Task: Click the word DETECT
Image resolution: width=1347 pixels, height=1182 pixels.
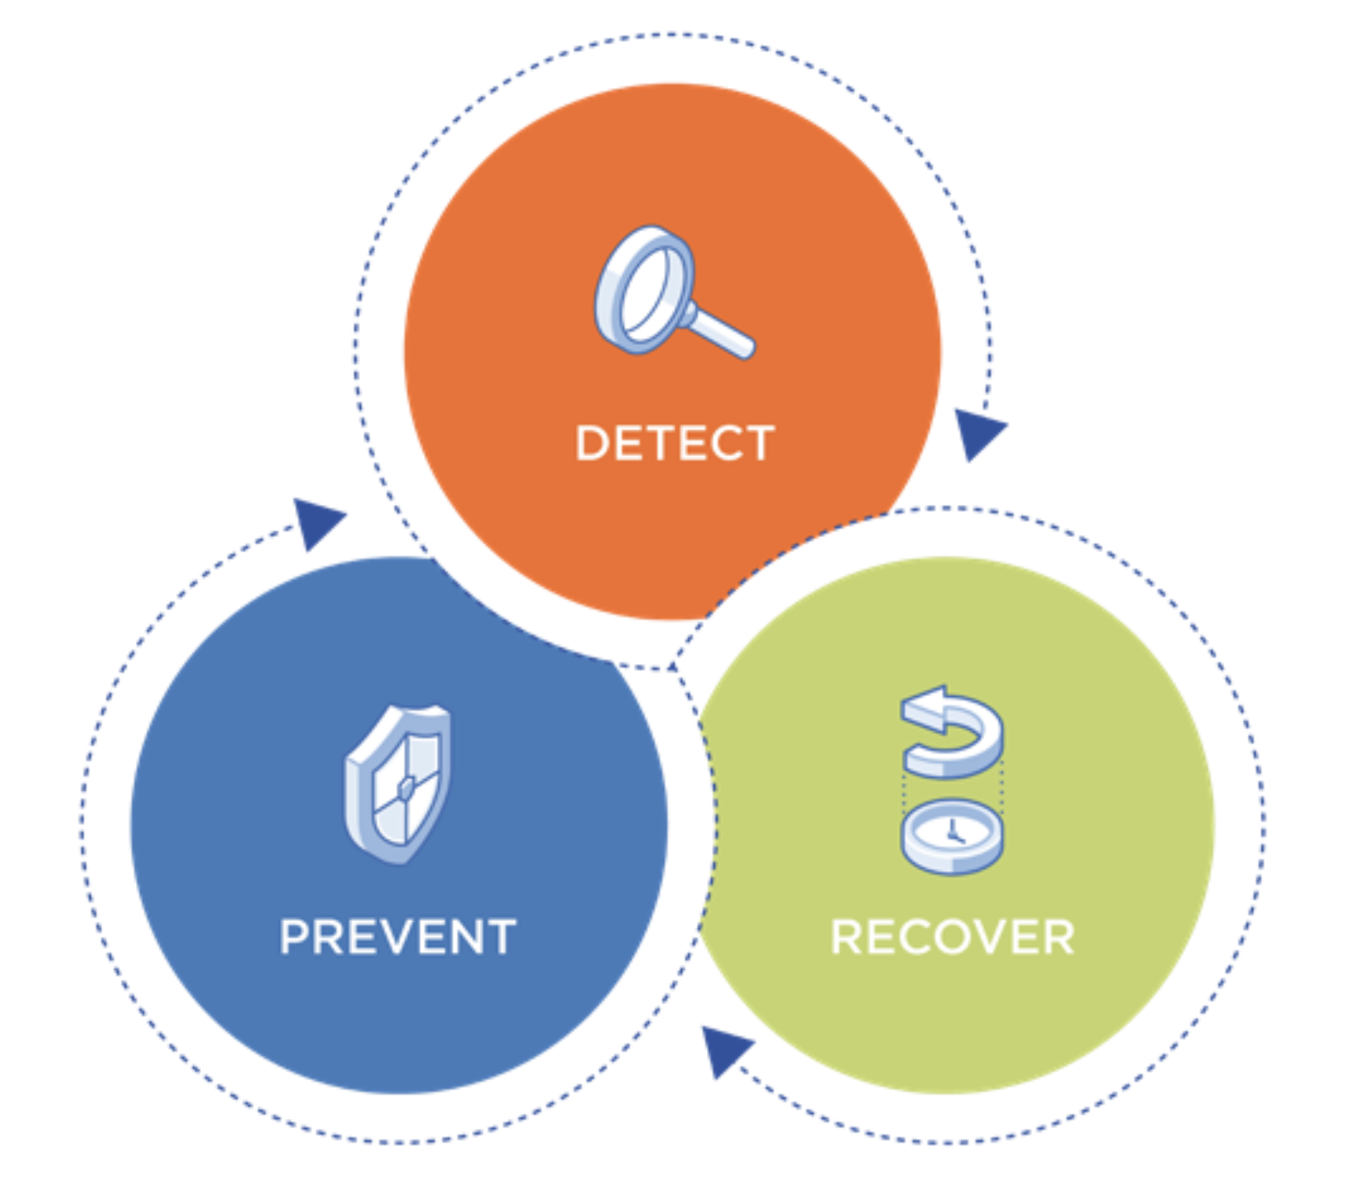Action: pos(675,443)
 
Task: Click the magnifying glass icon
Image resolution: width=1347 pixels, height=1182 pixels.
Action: pos(673,292)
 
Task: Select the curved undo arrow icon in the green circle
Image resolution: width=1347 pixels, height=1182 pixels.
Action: pos(952,731)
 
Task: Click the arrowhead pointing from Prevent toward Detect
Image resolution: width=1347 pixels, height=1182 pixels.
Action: pos(316,522)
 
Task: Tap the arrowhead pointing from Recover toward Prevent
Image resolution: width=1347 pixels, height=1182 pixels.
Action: pos(724,1049)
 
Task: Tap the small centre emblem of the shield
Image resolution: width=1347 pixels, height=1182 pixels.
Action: pos(406,788)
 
